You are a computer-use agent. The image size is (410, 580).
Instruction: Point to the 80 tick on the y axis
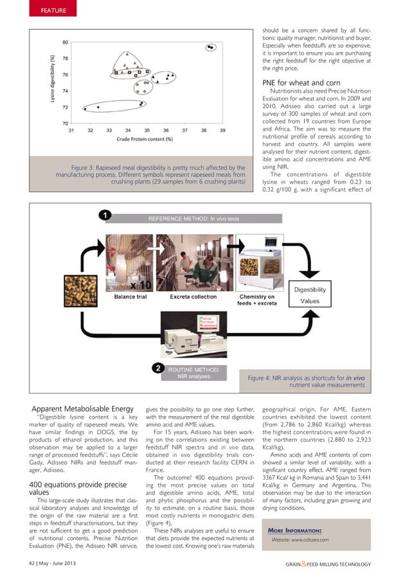[x=66, y=42]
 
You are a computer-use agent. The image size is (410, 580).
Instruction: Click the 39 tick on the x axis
[x=222, y=130]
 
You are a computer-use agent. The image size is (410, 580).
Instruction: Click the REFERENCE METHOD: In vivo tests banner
[x=193, y=219]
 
